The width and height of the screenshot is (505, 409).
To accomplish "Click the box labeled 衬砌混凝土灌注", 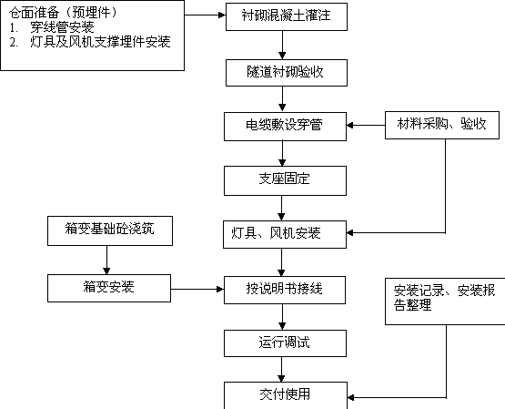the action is pos(287,16).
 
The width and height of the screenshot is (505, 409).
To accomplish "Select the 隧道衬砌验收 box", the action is pos(287,73).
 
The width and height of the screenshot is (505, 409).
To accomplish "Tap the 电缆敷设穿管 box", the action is pos(285,127).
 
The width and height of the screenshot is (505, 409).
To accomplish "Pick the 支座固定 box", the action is pos(285,180).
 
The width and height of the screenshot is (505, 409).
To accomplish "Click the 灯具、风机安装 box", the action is pos(285,234).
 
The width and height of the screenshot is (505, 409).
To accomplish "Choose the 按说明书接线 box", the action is pos(285,290).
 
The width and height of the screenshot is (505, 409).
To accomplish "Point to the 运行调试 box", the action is pos(285,343).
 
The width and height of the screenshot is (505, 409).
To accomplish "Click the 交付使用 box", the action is pos(286,395).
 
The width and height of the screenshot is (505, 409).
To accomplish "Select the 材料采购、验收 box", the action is pos(442,125).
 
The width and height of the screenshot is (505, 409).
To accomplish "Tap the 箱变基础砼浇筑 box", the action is pos(110,230).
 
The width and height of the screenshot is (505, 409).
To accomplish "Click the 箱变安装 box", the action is pos(109,288).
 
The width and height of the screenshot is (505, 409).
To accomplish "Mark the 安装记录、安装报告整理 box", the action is pos(445,302).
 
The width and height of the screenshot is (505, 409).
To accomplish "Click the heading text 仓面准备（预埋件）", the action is pos(63,13).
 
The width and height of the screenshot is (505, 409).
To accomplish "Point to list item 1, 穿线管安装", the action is pos(52,27).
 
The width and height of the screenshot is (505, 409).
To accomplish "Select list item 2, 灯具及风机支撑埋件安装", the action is pos(89,42).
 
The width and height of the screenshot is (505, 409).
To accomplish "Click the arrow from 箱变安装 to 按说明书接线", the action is pos(197,289).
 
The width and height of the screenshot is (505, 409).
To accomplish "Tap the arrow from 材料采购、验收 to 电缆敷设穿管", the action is pos(366,125).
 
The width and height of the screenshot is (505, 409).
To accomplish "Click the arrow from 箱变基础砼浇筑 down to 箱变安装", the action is pos(106,261).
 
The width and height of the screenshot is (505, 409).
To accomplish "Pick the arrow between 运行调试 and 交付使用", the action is pos(281,369).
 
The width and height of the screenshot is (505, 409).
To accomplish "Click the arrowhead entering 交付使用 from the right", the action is pos(350,397).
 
